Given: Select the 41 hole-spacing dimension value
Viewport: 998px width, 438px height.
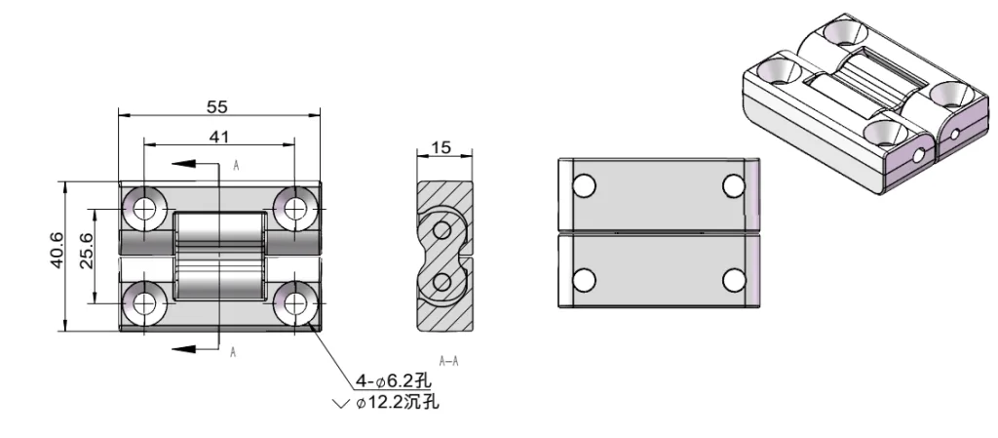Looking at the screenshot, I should (218, 137).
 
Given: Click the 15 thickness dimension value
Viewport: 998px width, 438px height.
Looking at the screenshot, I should (441, 147).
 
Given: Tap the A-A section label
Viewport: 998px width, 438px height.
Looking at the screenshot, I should (448, 362).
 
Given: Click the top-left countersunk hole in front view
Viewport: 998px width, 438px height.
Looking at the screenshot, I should (145, 206).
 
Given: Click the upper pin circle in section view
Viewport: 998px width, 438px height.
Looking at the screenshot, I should (441, 229).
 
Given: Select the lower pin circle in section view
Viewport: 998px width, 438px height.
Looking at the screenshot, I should (441, 283).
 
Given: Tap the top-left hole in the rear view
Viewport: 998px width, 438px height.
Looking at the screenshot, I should (584, 185).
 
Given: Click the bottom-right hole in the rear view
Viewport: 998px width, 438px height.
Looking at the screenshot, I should (734, 281).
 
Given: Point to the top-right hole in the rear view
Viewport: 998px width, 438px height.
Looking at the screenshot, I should (734, 185).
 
